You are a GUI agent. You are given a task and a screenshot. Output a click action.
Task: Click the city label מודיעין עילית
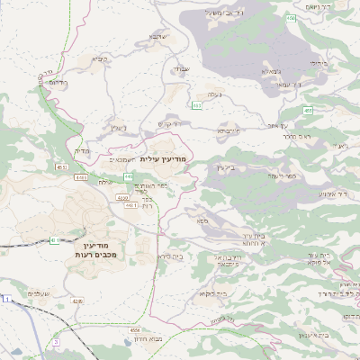coord(163,158)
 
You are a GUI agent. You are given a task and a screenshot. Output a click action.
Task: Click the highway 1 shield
coord(6,298)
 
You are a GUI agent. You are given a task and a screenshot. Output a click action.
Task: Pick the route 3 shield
coord(56,343)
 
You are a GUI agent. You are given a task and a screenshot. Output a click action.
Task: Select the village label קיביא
coord(97,59)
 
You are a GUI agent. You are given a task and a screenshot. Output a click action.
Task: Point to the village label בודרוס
coord(56,83)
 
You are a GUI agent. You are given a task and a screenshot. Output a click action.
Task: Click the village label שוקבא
coord(157,37)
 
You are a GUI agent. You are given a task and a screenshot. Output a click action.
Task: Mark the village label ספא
coord(205,218)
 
